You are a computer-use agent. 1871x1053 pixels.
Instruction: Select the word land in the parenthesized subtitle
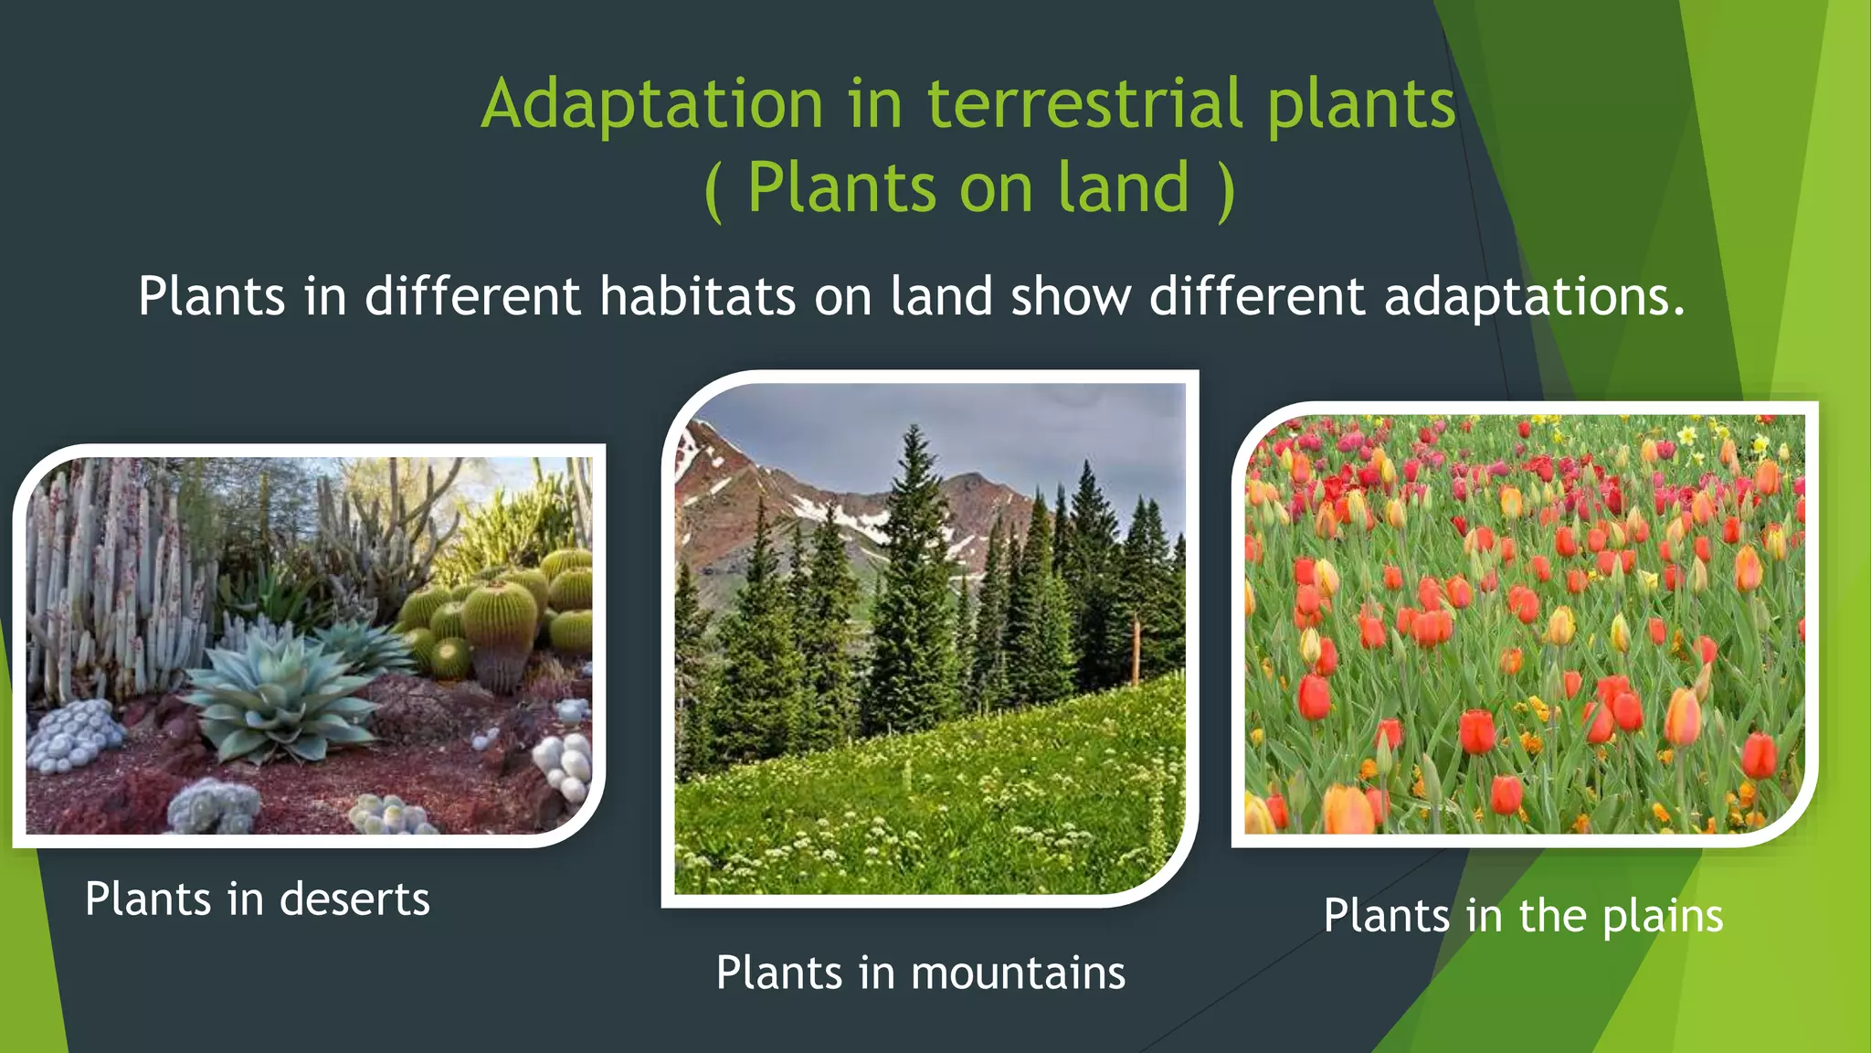pos(1124,187)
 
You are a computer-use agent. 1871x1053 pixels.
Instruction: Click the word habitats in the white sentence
pos(697,296)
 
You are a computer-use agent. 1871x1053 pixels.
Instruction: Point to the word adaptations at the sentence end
pos(1533,298)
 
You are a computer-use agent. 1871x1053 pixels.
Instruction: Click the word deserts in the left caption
pos(354,899)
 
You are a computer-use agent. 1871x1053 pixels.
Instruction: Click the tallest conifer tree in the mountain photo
pos(914,585)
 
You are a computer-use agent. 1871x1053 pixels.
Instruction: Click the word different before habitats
pos(472,296)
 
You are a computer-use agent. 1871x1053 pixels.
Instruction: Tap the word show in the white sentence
pos(1071,296)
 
